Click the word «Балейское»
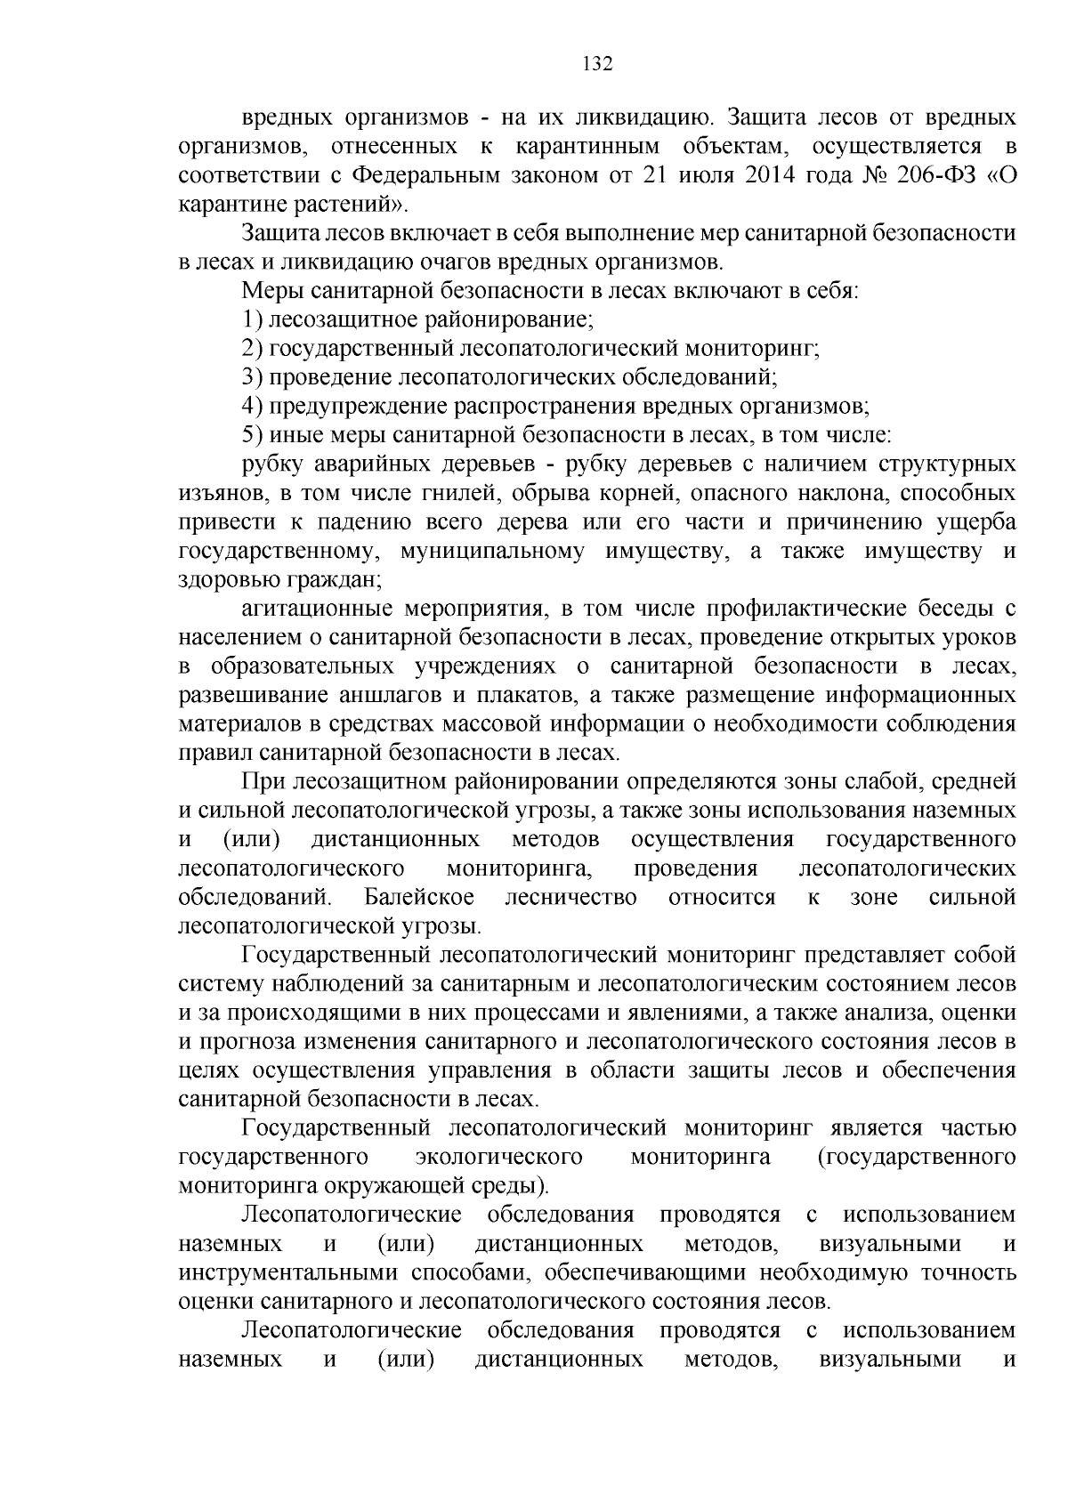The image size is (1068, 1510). pyautogui.click(x=418, y=897)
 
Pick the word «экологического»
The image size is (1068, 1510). pyautogui.click(x=499, y=1157)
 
